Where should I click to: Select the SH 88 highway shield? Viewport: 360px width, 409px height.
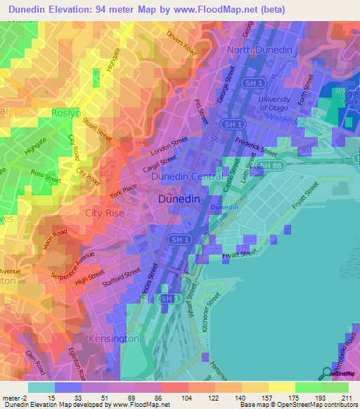tap(264, 165)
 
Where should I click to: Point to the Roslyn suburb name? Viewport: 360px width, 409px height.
tap(67, 112)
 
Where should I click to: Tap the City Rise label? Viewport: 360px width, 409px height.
tap(106, 212)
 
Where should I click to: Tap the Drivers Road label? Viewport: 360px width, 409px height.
tap(181, 44)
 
